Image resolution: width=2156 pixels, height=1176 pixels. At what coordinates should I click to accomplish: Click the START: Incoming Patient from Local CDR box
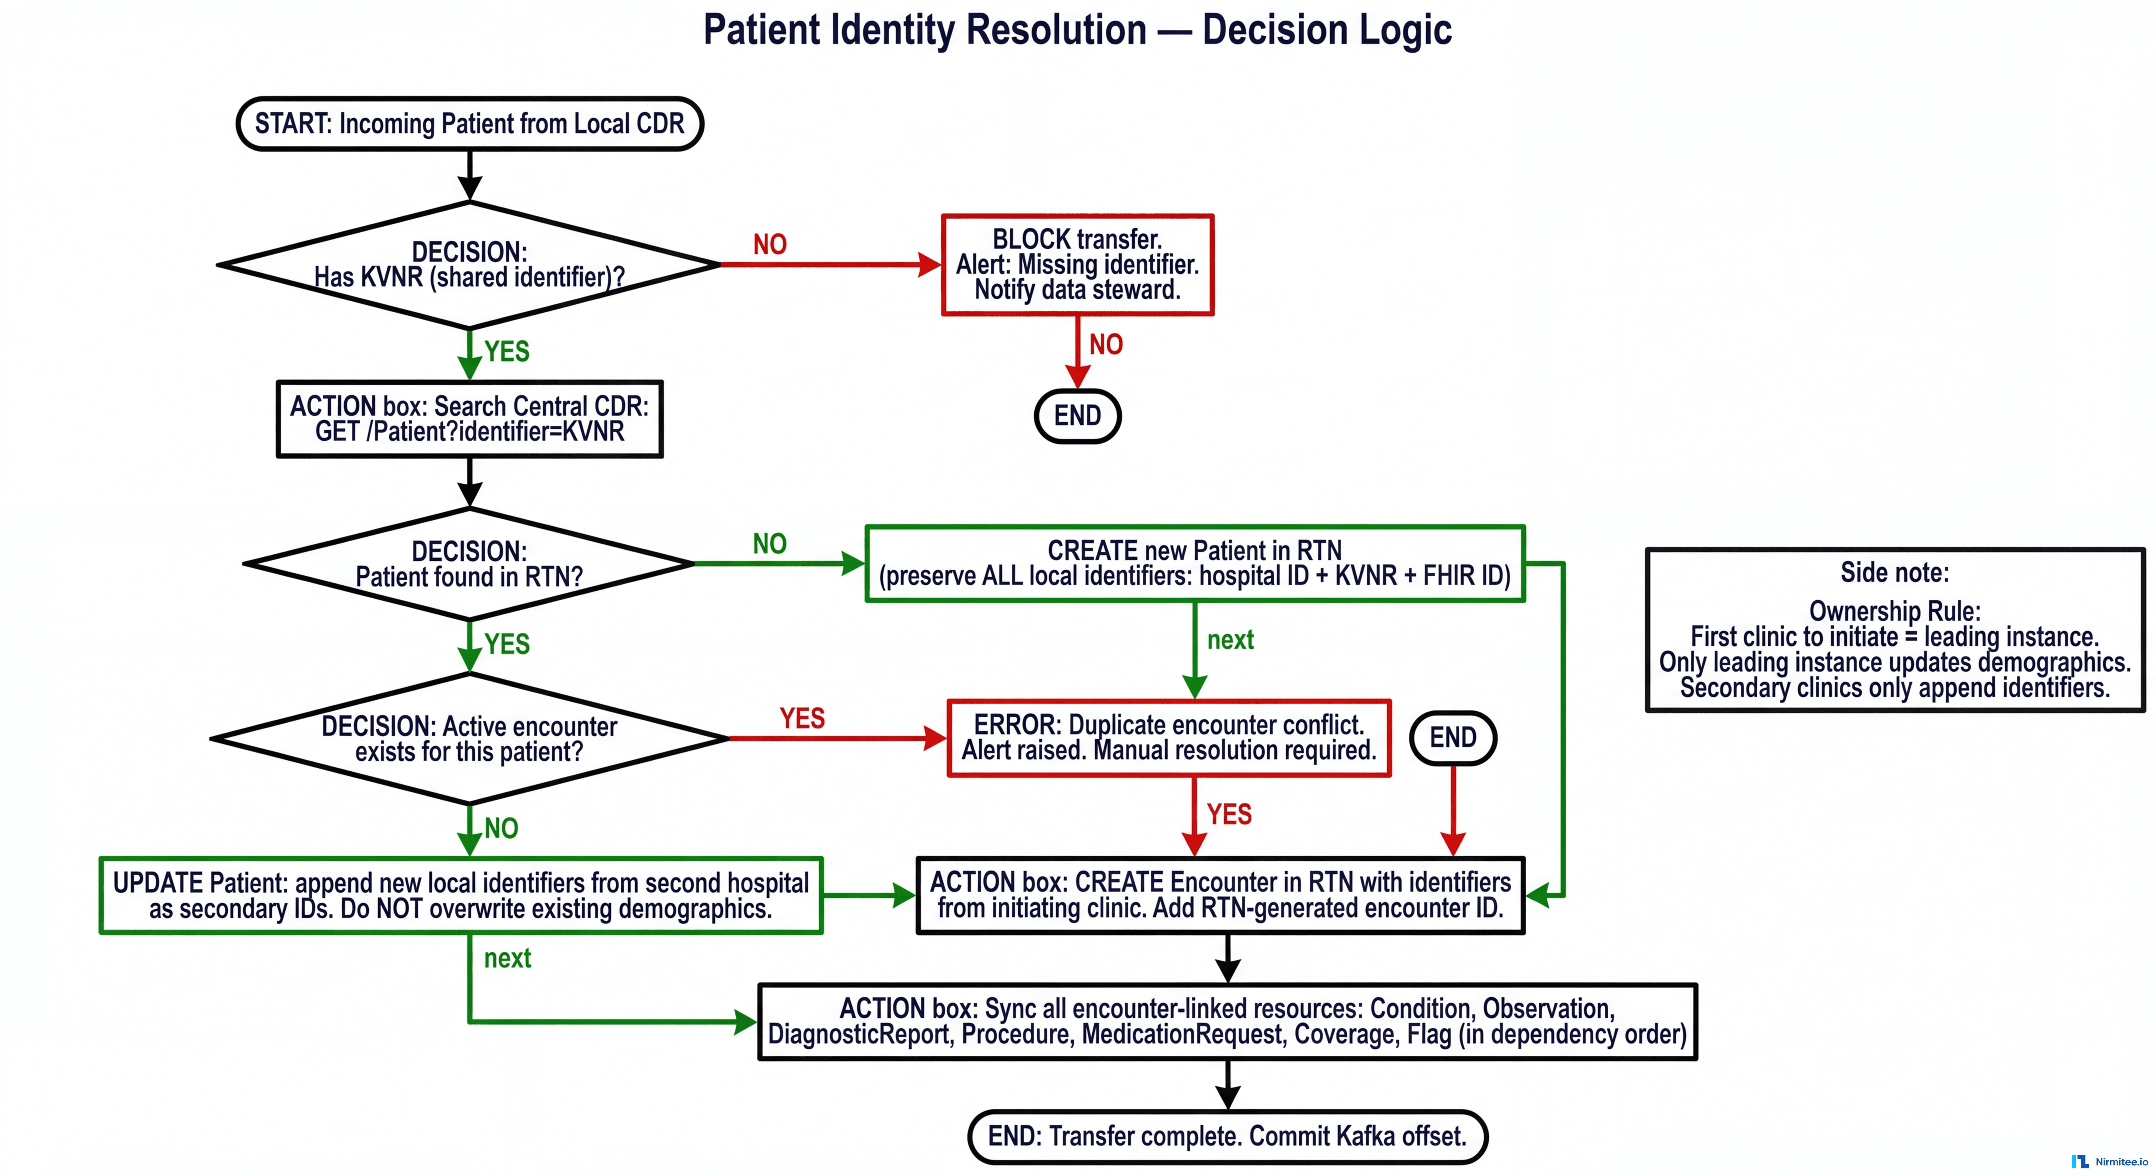(470, 124)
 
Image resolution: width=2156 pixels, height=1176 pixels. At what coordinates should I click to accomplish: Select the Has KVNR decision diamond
(470, 265)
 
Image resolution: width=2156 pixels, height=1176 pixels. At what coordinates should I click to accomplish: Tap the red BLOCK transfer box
(1077, 265)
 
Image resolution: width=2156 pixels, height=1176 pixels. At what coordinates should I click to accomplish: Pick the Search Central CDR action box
(470, 418)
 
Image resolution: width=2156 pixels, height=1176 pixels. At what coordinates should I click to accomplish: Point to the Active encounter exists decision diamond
(470, 738)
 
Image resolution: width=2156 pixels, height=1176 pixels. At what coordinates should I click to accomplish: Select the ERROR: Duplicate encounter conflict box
(1168, 737)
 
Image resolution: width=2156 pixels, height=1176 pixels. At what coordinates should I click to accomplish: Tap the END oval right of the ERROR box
(1453, 737)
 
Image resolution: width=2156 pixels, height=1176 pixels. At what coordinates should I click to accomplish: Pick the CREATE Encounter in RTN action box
(1220, 895)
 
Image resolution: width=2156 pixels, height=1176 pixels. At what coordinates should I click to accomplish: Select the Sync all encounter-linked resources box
(1227, 1021)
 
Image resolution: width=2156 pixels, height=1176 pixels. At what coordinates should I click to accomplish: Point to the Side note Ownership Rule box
(1895, 629)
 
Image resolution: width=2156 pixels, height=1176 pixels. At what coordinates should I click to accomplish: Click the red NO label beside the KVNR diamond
(770, 244)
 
